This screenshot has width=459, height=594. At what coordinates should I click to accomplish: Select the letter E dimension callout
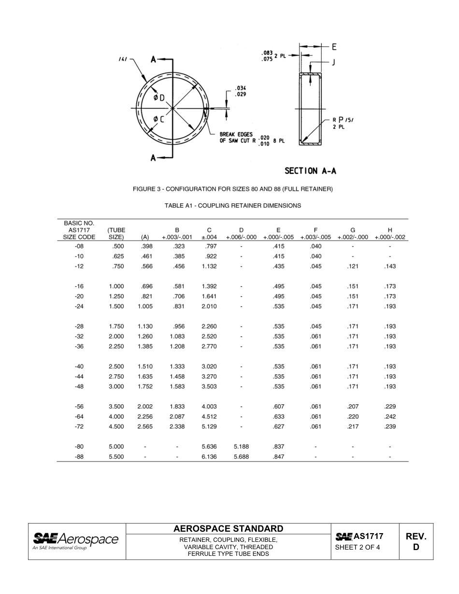(x=334, y=47)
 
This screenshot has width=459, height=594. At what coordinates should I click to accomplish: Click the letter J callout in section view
(x=333, y=62)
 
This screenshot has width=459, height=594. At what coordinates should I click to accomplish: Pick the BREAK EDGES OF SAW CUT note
(x=237, y=138)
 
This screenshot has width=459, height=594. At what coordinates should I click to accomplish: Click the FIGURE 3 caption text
(x=233, y=189)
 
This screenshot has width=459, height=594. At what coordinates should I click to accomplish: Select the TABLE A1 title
(x=233, y=205)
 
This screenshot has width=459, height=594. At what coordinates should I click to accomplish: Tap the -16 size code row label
(x=79, y=286)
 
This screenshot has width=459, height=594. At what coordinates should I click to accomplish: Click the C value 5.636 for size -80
(x=209, y=447)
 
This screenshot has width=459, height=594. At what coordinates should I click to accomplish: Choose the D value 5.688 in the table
(x=241, y=457)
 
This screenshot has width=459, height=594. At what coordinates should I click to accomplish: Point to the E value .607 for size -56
(x=278, y=407)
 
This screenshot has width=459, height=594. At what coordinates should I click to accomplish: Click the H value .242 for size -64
(x=389, y=417)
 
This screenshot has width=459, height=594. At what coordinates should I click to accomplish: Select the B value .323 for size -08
(x=177, y=246)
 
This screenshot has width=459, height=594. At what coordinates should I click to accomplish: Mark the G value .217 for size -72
(x=353, y=426)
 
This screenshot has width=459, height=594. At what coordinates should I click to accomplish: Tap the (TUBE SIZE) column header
(x=116, y=234)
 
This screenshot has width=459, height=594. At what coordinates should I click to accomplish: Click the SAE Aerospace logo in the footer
(x=76, y=541)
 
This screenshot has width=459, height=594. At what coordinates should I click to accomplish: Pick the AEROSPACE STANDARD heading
(x=228, y=529)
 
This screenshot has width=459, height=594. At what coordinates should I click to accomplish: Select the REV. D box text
(x=416, y=541)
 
